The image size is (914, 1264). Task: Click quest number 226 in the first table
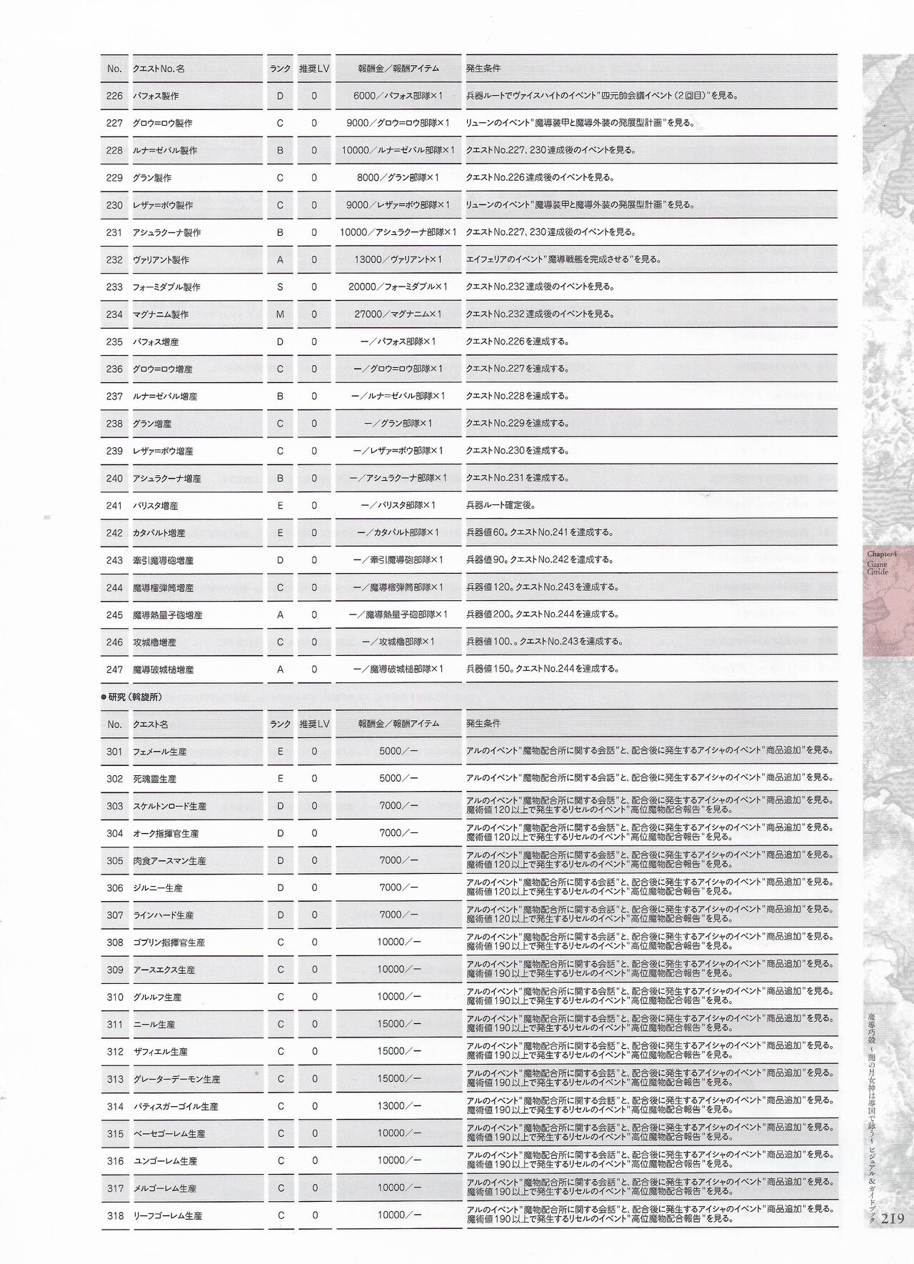114,96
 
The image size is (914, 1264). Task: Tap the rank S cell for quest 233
280,287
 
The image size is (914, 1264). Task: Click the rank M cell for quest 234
280,314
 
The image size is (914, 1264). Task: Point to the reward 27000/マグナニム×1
398,314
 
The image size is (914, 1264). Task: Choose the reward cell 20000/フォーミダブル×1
398,287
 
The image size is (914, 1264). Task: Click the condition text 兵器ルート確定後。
501,505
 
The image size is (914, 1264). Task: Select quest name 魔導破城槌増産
163,670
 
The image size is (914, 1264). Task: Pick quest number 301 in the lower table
114,752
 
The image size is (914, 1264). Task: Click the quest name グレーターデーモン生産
176,1080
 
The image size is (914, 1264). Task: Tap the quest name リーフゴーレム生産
167,1216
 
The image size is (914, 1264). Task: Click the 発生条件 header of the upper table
483,69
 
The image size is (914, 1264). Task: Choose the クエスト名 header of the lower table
150,725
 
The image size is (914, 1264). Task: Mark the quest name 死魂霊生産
154,779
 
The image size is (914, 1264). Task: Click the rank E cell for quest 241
280,506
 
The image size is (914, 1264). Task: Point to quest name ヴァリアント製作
161,260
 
